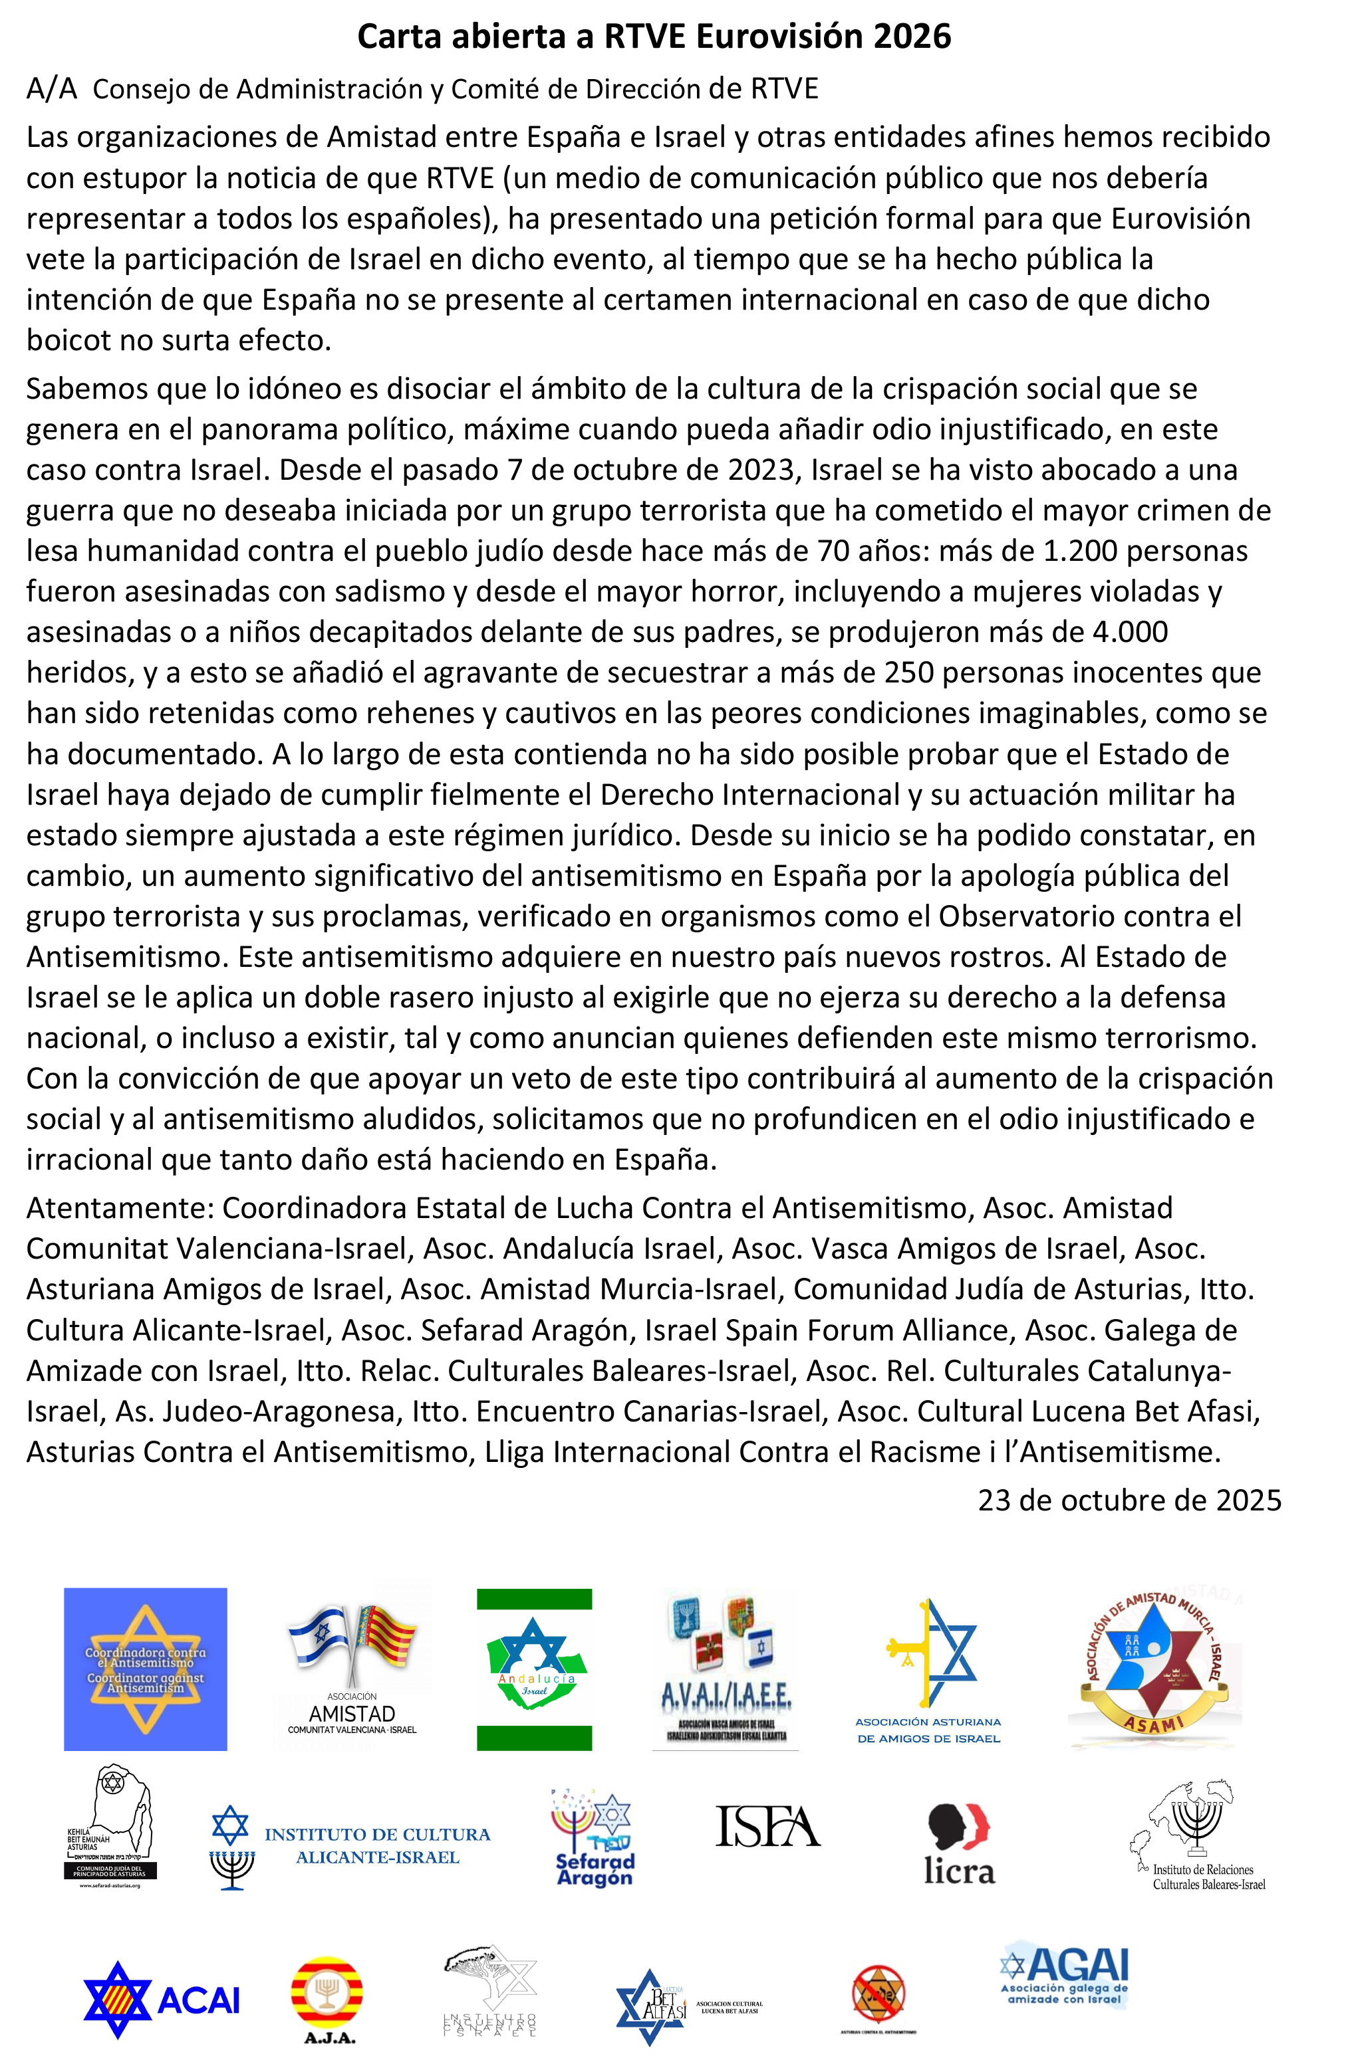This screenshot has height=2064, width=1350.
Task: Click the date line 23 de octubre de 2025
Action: [1129, 1500]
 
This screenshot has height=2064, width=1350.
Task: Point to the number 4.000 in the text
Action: [1130, 632]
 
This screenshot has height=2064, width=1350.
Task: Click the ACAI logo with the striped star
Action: [162, 1999]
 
